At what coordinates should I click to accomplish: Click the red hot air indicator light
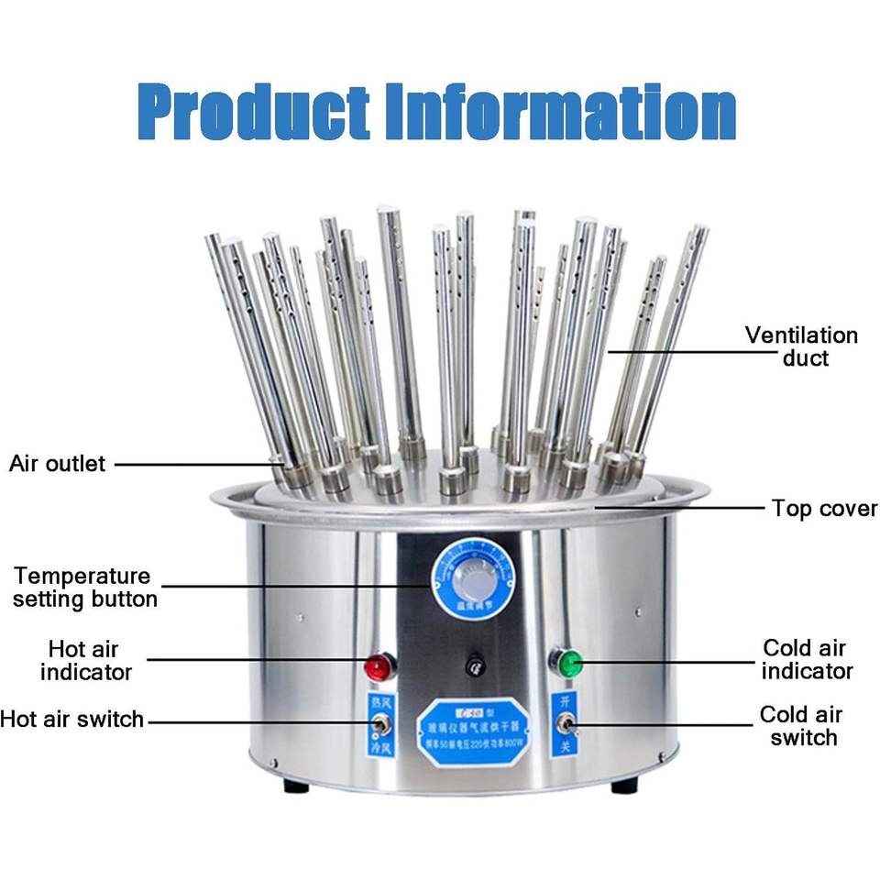tap(377, 666)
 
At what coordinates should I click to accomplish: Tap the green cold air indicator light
tap(569, 661)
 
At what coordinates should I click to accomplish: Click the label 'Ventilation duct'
tap(801, 346)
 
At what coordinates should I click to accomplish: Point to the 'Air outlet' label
tap(58, 464)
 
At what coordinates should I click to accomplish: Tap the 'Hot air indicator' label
tap(86, 661)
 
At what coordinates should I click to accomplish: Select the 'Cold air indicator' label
tap(807, 660)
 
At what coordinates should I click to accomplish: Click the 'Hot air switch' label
tap(72, 719)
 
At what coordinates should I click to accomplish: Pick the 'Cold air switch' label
tap(801, 726)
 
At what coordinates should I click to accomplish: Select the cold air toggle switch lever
tap(566, 728)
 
